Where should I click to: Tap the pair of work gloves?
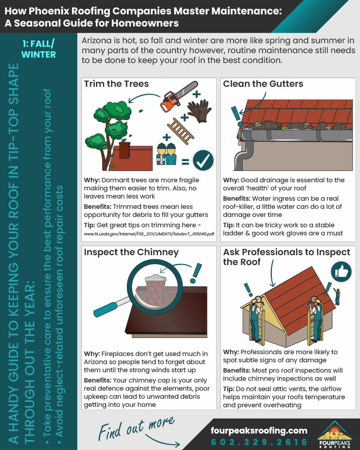click(199, 111)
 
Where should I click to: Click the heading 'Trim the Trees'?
click(116, 84)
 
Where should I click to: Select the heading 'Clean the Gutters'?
click(263, 84)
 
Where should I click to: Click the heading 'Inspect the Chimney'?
click(131, 252)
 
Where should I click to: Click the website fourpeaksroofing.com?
click(259, 430)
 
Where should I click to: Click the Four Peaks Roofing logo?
click(336, 434)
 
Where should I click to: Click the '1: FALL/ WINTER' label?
click(39, 49)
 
